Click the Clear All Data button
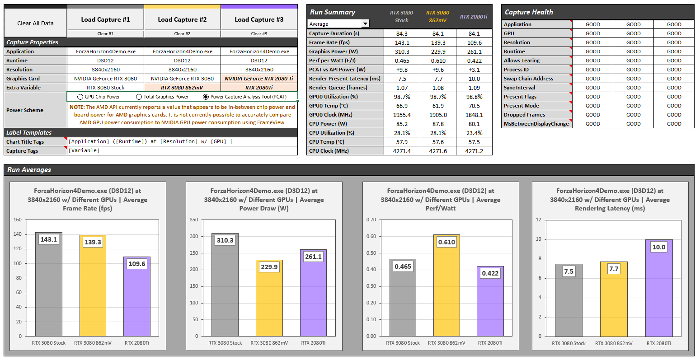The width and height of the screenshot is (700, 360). tap(35, 23)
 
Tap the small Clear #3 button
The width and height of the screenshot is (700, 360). tap(259, 34)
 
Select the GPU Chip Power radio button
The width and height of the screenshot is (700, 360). tap(80, 97)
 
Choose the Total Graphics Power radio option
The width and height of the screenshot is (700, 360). tap(139, 97)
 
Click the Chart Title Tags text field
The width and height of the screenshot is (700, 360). tap(182, 142)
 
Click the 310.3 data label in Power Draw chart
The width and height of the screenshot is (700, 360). tap(225, 240)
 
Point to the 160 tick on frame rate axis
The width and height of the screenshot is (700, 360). tap(18, 220)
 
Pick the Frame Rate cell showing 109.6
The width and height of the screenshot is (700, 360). tap(474, 42)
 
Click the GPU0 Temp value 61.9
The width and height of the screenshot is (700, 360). tap(438, 106)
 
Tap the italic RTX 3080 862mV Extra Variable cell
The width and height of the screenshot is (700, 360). tap(182, 88)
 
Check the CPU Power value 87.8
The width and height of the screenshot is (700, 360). tap(438, 124)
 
